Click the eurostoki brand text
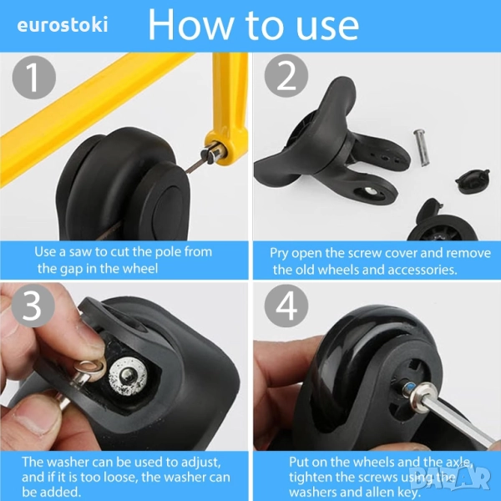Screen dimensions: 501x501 pyautogui.click(x=63, y=25)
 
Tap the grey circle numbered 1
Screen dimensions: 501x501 pyautogui.click(x=34, y=78)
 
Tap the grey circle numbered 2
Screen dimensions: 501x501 pyautogui.click(x=286, y=76)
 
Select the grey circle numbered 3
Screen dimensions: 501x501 pyautogui.click(x=33, y=306)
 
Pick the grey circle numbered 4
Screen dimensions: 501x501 pyautogui.click(x=286, y=306)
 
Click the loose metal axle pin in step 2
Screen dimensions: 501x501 pyautogui.click(x=423, y=147)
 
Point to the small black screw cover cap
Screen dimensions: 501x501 pyautogui.click(x=473, y=181)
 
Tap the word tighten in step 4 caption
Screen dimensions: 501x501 pyautogui.click(x=311, y=478)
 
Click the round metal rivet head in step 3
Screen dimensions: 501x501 pyautogui.click(x=128, y=375)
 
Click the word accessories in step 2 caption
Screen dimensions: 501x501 pyautogui.click(x=422, y=270)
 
